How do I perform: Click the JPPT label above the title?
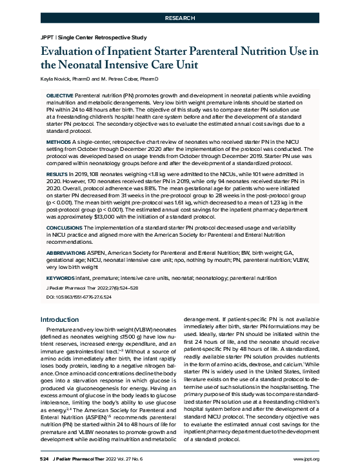(x=47, y=37)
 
